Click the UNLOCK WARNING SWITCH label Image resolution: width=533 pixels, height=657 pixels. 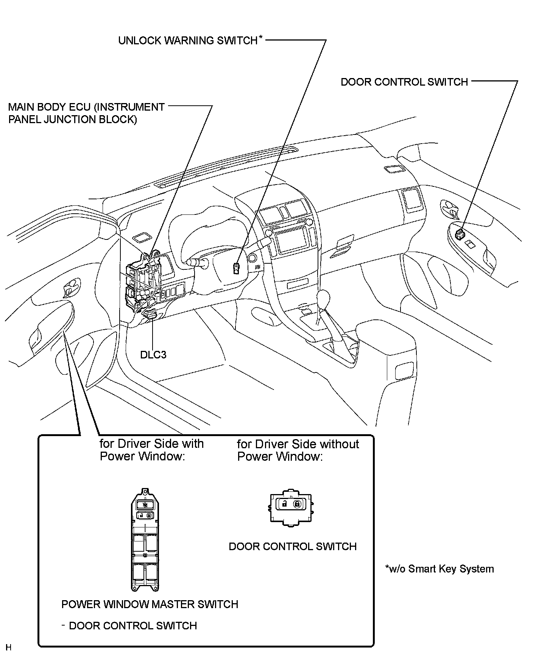pyautogui.click(x=188, y=41)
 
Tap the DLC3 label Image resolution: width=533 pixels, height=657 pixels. pyautogui.click(x=153, y=355)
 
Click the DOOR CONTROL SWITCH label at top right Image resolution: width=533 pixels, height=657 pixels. pyautogui.click(x=404, y=82)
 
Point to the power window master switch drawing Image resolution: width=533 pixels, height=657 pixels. pyautogui.click(x=145, y=540)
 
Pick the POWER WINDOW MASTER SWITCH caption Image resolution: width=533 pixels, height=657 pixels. pyautogui.click(x=150, y=604)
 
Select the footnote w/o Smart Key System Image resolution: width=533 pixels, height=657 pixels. pyautogui.click(x=439, y=569)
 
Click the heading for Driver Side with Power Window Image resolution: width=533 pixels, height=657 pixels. pyautogui.click(x=151, y=450)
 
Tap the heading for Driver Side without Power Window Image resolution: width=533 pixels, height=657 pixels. pyautogui.click(x=298, y=450)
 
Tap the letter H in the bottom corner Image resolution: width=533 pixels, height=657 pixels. pyautogui.click(x=8, y=647)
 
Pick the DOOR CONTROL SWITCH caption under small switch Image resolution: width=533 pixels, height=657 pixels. pyautogui.click(x=293, y=546)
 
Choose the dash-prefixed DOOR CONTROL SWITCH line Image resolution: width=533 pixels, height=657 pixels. pyautogui.click(x=129, y=625)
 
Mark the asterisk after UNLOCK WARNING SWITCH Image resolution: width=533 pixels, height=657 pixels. pyautogui.click(x=260, y=38)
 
